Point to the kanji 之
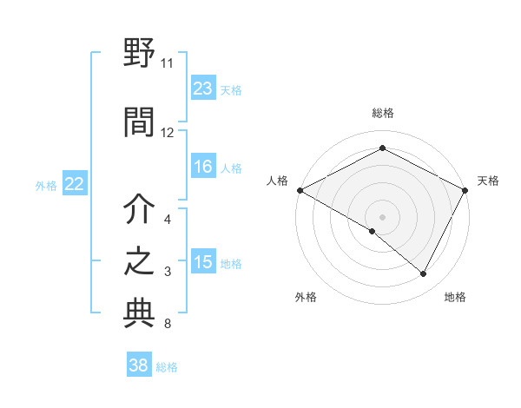(139, 263)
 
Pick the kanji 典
(139, 314)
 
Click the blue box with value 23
(203, 88)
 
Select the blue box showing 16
(203, 167)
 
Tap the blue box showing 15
(203, 262)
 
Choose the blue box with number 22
(75, 183)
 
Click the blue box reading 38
(139, 365)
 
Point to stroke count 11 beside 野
(167, 63)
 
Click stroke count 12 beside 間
(167, 133)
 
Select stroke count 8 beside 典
(167, 325)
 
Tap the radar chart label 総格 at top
(382, 113)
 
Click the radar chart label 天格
(489, 181)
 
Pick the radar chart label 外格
(306, 297)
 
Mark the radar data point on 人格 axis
(300, 190)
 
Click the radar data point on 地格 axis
(424, 274)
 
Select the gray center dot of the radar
(382, 216)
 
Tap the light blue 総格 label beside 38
(167, 367)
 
